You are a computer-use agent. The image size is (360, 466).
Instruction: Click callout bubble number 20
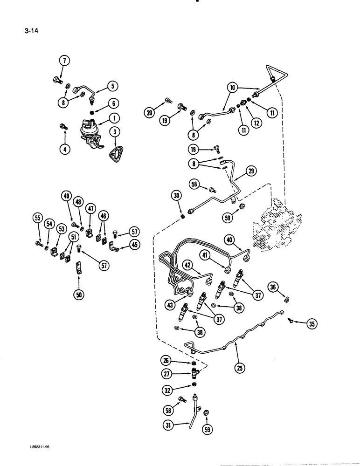point(149,112)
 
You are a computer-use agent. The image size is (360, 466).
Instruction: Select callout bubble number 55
point(38,218)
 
